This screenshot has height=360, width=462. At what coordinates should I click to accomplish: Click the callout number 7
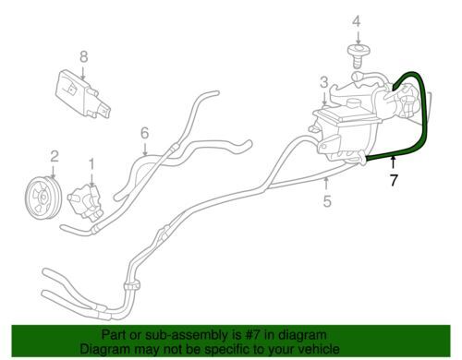click(394, 180)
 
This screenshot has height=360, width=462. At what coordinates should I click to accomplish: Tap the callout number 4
click(357, 21)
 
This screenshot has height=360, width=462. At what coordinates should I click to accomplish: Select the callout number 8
click(84, 56)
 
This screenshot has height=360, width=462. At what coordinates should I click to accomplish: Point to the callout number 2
click(55, 157)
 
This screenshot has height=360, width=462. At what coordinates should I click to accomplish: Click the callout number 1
click(91, 165)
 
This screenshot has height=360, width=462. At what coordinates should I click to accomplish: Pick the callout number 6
click(145, 133)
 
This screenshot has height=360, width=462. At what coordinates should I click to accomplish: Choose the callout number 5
click(327, 201)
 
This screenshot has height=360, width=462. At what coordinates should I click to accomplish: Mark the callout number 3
click(323, 82)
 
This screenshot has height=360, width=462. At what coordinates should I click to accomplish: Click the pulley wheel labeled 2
click(43, 198)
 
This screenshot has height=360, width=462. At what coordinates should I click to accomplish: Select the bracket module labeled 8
click(82, 94)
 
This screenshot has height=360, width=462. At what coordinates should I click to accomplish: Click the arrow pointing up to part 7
click(393, 162)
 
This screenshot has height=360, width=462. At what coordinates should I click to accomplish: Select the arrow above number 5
click(326, 185)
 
